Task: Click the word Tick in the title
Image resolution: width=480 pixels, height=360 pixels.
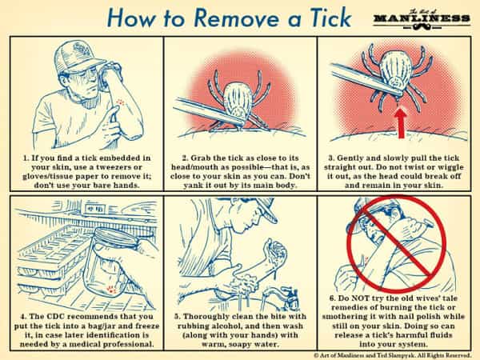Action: (330, 18)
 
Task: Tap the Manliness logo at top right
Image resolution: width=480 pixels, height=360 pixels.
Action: (422, 20)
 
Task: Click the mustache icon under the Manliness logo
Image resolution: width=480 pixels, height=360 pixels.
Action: (422, 27)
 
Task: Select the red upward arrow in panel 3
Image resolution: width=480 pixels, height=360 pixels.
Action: (401, 123)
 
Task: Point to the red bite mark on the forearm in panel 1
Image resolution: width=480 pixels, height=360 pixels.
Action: (120, 102)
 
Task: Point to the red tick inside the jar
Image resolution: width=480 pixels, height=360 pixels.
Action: (111, 289)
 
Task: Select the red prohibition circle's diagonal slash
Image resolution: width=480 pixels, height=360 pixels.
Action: (397, 242)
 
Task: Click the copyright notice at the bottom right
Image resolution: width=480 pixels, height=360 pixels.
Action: (392, 355)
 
